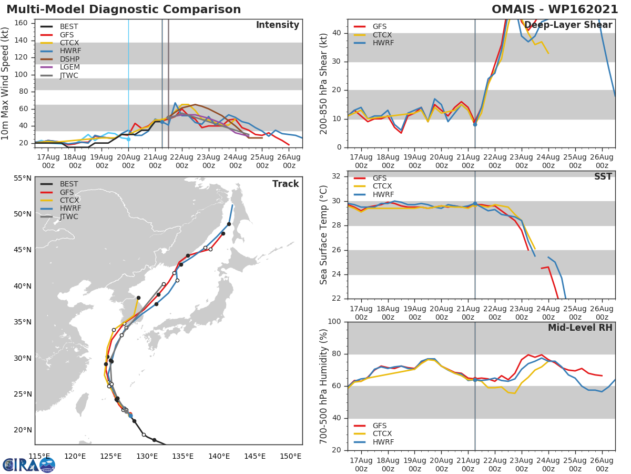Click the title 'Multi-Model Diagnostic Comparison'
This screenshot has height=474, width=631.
(124, 9)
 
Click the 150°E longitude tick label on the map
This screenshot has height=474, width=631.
(290, 457)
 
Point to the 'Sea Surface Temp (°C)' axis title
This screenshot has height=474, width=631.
(324, 235)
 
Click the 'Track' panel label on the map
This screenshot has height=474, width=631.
(286, 184)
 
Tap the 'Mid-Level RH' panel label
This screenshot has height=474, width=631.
(580, 328)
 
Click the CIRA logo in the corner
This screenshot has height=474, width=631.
(28, 465)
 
